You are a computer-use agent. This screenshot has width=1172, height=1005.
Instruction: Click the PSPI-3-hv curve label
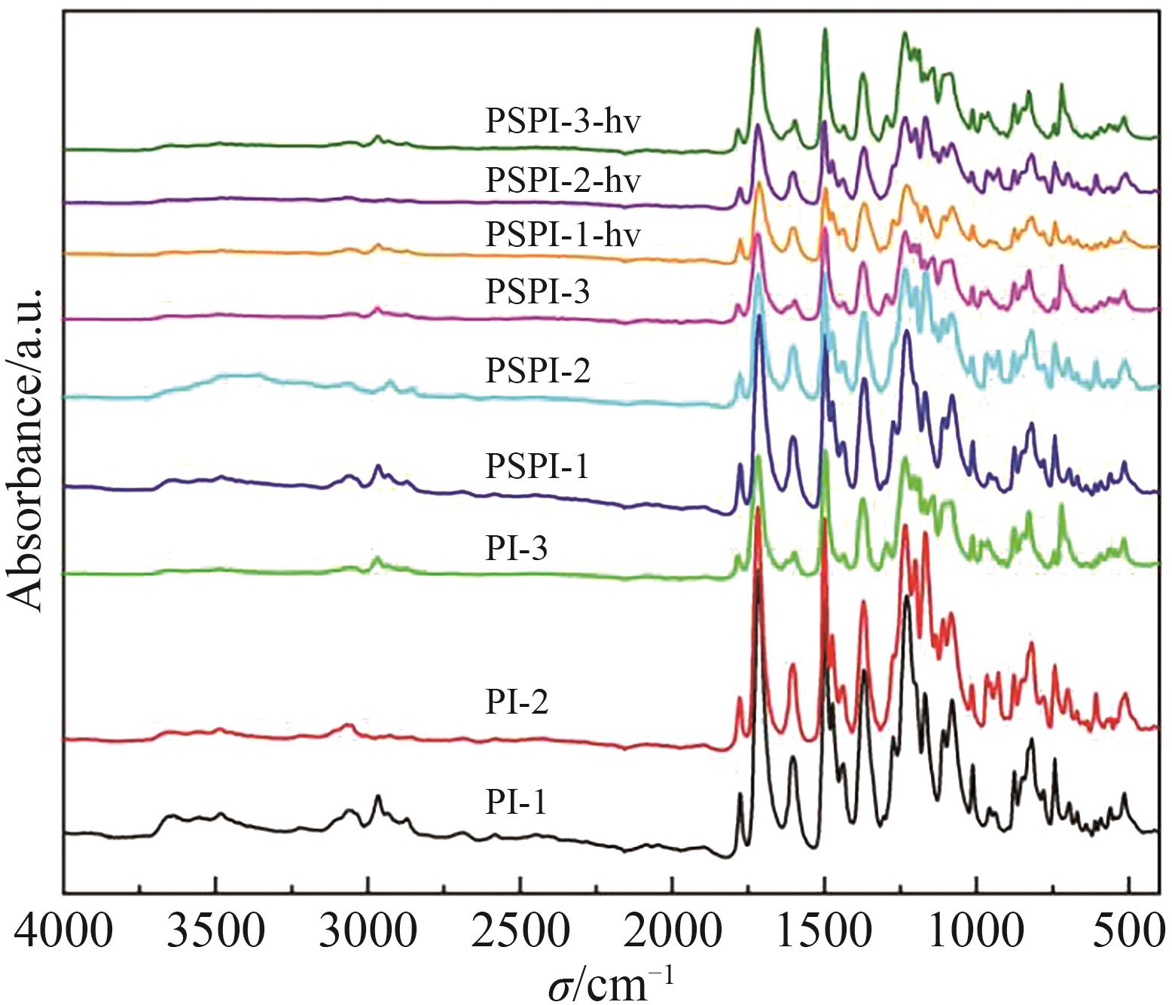click(x=563, y=120)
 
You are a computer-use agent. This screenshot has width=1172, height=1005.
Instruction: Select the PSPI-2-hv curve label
click(x=563, y=180)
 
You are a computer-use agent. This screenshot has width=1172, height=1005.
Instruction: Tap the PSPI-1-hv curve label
click(x=563, y=234)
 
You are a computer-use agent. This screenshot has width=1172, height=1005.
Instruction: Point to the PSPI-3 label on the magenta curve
click(x=537, y=291)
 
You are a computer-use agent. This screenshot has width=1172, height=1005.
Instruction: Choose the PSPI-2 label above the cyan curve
click(x=538, y=370)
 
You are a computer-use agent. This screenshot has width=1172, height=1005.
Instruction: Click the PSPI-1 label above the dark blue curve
click(x=537, y=466)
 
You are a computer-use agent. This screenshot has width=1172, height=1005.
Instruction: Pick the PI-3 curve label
click(x=516, y=548)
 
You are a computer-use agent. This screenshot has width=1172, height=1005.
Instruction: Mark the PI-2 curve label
click(x=516, y=702)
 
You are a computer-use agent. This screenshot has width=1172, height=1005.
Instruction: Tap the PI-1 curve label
click(x=515, y=802)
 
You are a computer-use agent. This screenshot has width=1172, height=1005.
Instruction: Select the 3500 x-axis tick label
click(x=215, y=931)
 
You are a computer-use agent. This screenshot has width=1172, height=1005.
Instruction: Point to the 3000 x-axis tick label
click(x=368, y=931)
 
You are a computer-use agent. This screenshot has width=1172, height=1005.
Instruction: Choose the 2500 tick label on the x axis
click(x=520, y=931)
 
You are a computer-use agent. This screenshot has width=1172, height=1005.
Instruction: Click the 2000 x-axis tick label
click(x=672, y=931)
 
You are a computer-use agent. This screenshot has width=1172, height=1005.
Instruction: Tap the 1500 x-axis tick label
click(x=825, y=931)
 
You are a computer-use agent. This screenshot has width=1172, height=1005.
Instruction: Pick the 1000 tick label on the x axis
click(x=977, y=931)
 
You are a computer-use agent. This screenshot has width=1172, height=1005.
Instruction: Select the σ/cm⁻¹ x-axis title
click(x=610, y=982)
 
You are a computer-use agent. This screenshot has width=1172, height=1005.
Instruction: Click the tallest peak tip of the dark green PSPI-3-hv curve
click(x=757, y=29)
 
